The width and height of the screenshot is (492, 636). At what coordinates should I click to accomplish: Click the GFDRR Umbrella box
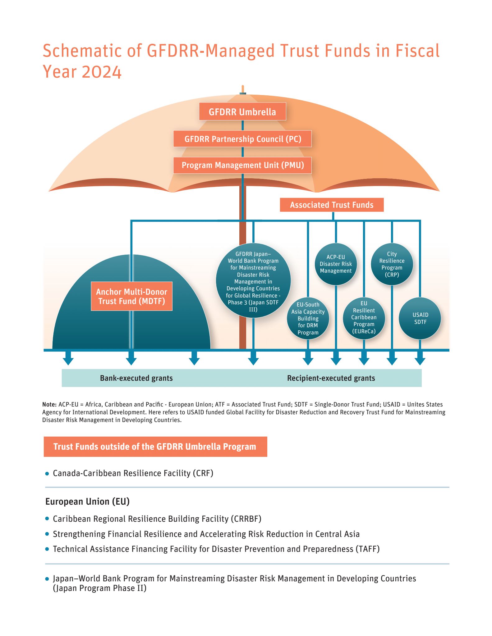pos(242,111)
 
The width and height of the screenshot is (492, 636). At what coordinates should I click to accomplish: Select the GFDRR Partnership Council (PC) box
pos(242,139)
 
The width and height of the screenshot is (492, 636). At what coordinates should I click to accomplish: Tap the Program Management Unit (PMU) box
pos(242,165)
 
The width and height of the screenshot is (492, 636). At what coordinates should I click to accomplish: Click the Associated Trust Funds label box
pos(332,205)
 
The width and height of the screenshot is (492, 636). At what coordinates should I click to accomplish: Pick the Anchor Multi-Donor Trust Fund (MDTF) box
pos(131,296)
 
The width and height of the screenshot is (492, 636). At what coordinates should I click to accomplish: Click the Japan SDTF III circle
pos(253,281)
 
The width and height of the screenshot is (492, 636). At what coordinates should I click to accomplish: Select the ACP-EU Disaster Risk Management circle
pos(336,264)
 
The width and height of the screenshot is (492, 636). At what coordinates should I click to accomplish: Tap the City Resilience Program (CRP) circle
pos(392,264)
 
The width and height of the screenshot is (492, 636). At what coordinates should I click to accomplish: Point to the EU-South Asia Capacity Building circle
pos(308,319)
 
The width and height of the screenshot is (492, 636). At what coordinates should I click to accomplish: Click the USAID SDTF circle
pos(420,319)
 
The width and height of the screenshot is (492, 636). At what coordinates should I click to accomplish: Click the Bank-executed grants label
pos(136,378)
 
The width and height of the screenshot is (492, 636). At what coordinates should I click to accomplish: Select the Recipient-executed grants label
pos(331,378)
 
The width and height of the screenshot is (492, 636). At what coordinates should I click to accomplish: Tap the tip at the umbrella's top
pos(243,86)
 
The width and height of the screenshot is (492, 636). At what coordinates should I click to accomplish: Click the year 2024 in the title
pos(101,72)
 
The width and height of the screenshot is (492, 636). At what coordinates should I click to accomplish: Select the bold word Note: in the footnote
pos(49,404)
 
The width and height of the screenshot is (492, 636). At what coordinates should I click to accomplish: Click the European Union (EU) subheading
pos(87,502)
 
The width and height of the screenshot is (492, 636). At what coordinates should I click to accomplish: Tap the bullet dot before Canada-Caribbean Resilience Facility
pos(47,474)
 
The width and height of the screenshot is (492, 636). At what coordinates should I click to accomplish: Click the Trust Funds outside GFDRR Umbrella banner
pos(155,447)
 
